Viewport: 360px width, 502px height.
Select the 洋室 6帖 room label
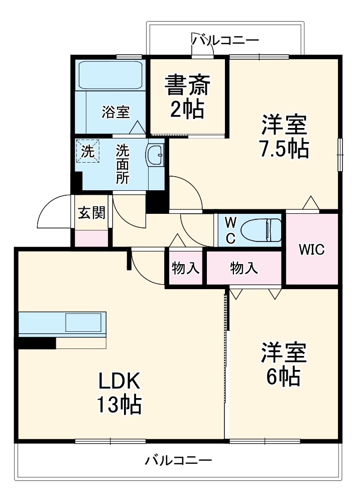[283, 364]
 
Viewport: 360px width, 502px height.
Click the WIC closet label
[312, 249]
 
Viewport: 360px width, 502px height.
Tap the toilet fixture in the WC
[261, 230]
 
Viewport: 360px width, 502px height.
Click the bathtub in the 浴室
[110, 75]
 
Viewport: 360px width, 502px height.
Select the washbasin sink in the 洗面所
[156, 155]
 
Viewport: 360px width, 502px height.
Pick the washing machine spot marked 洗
[88, 151]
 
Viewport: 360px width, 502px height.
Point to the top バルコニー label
[225, 39]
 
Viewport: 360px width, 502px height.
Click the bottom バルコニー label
[178, 460]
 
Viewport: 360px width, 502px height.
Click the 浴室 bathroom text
[116, 112]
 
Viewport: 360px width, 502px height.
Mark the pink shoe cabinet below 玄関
[91, 238]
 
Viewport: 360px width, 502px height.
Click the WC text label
[230, 230]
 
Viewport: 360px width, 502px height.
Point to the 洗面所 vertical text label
[123, 164]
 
